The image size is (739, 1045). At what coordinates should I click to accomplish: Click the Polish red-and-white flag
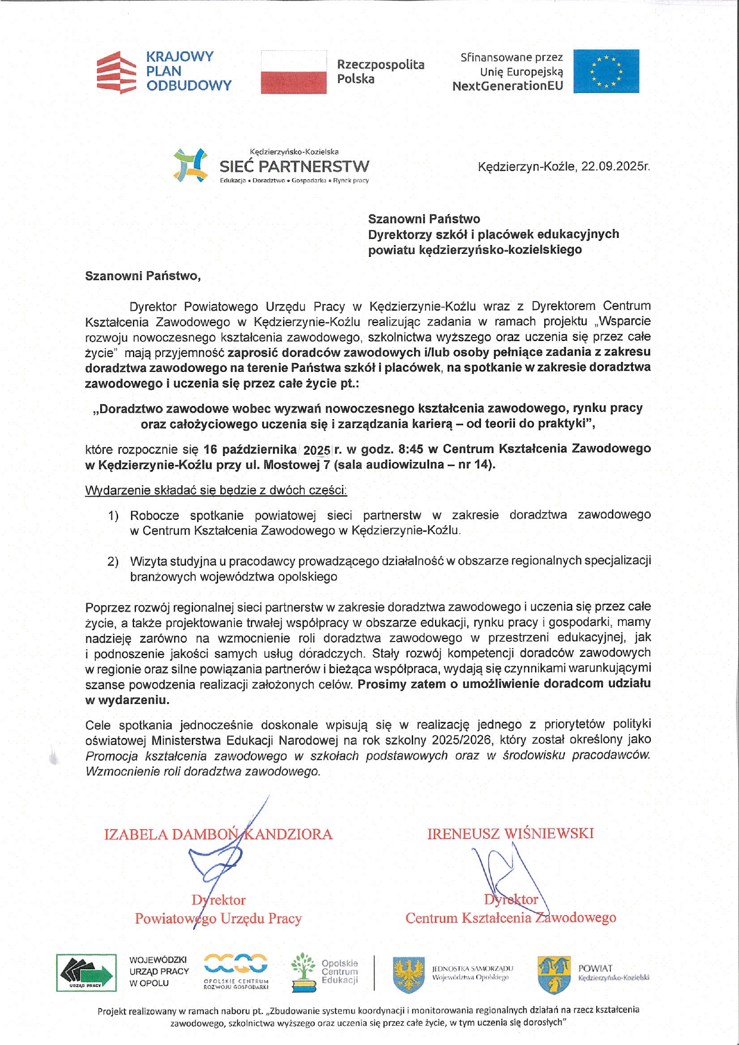pos(294,72)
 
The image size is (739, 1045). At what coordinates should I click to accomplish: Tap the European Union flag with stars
pos(606,72)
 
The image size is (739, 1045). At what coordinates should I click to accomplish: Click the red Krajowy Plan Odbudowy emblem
pos(116,72)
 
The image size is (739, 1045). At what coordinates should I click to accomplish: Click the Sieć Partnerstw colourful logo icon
pos(190,165)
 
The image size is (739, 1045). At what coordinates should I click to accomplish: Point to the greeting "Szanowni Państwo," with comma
pos(143,276)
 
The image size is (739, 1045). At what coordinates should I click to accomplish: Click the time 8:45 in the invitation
pos(409,449)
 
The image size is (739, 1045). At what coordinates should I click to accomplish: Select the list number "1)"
pos(113,516)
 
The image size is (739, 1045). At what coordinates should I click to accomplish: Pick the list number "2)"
pos(113,562)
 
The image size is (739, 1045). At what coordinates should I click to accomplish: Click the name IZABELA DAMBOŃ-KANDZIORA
pos(218,834)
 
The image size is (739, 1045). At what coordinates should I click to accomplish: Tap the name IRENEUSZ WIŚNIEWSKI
pos(510,833)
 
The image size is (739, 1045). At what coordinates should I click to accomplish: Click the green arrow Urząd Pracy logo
pos(86,972)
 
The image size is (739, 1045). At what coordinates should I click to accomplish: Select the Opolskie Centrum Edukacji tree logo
pos(303,972)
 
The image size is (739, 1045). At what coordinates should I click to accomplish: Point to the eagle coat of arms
pos(409,975)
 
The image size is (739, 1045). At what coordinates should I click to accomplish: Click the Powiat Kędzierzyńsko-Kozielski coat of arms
pos(554,975)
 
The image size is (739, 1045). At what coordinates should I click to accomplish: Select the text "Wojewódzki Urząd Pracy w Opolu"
pos(159,972)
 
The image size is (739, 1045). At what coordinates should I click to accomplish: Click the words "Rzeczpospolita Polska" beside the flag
pos(380,72)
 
